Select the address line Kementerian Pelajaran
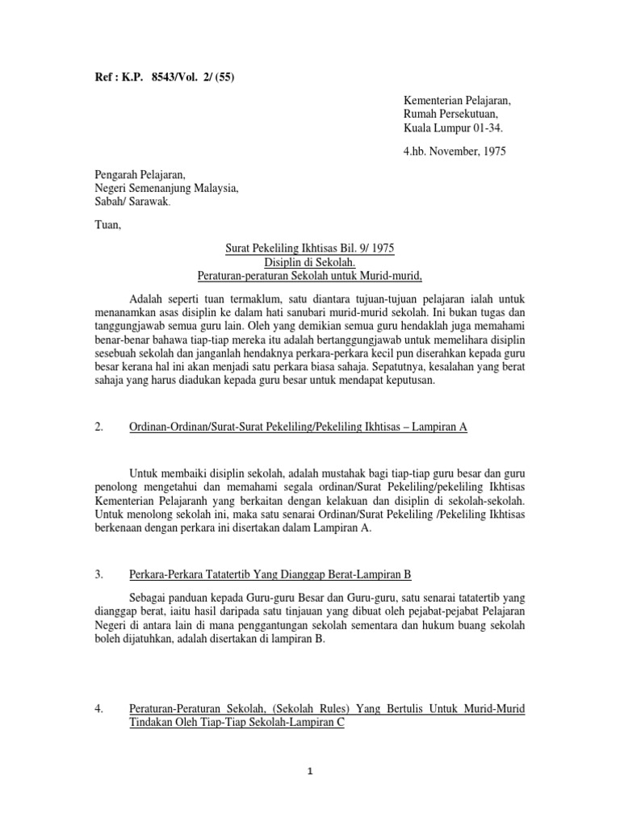[x=457, y=99]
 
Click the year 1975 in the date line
[x=491, y=150]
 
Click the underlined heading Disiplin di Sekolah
[x=310, y=262]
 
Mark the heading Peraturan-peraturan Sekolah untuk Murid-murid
[x=310, y=277]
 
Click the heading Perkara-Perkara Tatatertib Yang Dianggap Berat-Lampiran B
[x=270, y=574]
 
